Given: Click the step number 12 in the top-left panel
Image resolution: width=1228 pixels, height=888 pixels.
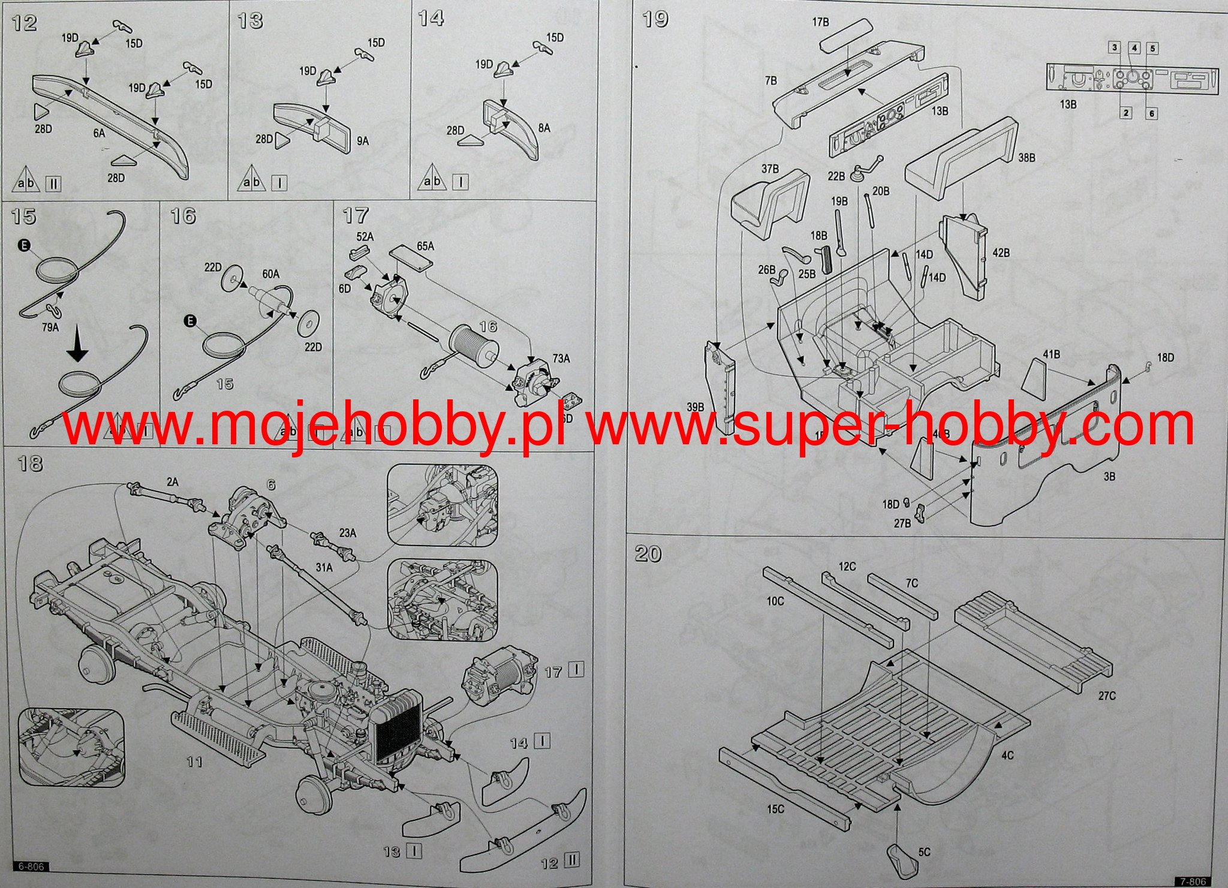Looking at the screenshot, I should [x=24, y=23].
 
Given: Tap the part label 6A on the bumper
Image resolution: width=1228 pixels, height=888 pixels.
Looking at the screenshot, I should [x=99, y=134].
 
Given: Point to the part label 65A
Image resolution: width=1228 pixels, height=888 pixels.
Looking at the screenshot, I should [x=425, y=246].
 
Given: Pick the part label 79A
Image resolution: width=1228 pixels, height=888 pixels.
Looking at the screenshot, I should [x=50, y=327].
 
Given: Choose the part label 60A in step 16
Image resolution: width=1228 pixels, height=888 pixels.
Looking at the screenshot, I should [x=270, y=274].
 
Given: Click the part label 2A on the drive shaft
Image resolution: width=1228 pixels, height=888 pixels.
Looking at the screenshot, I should [x=173, y=482].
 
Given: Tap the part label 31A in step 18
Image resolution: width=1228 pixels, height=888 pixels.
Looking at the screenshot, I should [x=324, y=567].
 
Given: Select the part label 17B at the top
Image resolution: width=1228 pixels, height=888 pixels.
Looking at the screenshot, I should [x=820, y=22].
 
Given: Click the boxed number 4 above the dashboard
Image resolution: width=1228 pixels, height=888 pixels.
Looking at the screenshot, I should [x=1134, y=48].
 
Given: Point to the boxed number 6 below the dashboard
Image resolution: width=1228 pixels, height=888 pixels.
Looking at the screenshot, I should [x=1151, y=113].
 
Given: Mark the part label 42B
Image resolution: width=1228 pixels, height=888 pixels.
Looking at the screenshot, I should [x=1001, y=253].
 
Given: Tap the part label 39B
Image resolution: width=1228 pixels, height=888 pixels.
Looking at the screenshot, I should [x=695, y=407].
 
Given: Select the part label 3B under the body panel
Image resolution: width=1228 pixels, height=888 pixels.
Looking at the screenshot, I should [x=1109, y=477].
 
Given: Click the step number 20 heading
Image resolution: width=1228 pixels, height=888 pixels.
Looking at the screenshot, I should [x=648, y=553].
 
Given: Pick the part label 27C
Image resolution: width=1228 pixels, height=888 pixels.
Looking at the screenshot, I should [x=1107, y=696].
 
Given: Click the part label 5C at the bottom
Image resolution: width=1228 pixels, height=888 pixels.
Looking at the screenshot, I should [x=924, y=852].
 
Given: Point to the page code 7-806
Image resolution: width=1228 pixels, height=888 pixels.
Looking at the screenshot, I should [x=1193, y=881].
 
